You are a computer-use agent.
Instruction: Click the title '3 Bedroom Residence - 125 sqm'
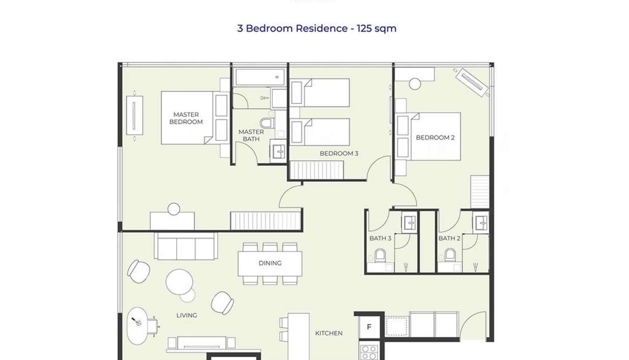[317, 29]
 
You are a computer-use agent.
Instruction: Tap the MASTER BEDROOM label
[186, 118]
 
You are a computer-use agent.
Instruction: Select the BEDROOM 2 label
[435, 138]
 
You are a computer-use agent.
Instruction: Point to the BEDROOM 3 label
[339, 154]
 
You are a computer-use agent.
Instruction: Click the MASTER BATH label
[251, 135]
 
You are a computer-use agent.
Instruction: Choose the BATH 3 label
[380, 239]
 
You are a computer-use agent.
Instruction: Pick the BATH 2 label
[449, 239]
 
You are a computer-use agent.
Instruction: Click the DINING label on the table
[270, 263]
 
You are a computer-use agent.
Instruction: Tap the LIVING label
[187, 315]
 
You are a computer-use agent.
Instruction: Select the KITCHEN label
[329, 333]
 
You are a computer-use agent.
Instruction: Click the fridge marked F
[369, 327]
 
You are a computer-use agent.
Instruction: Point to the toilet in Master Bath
[267, 123]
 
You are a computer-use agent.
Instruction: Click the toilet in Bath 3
[380, 254]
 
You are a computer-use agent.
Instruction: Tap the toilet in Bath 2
[450, 254]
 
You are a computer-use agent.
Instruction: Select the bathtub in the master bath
[260, 77]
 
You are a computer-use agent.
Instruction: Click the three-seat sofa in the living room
[186, 246]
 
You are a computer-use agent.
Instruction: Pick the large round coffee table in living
[179, 282]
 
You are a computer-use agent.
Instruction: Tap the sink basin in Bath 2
[481, 223]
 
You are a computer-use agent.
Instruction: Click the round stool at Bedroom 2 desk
[415, 84]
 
